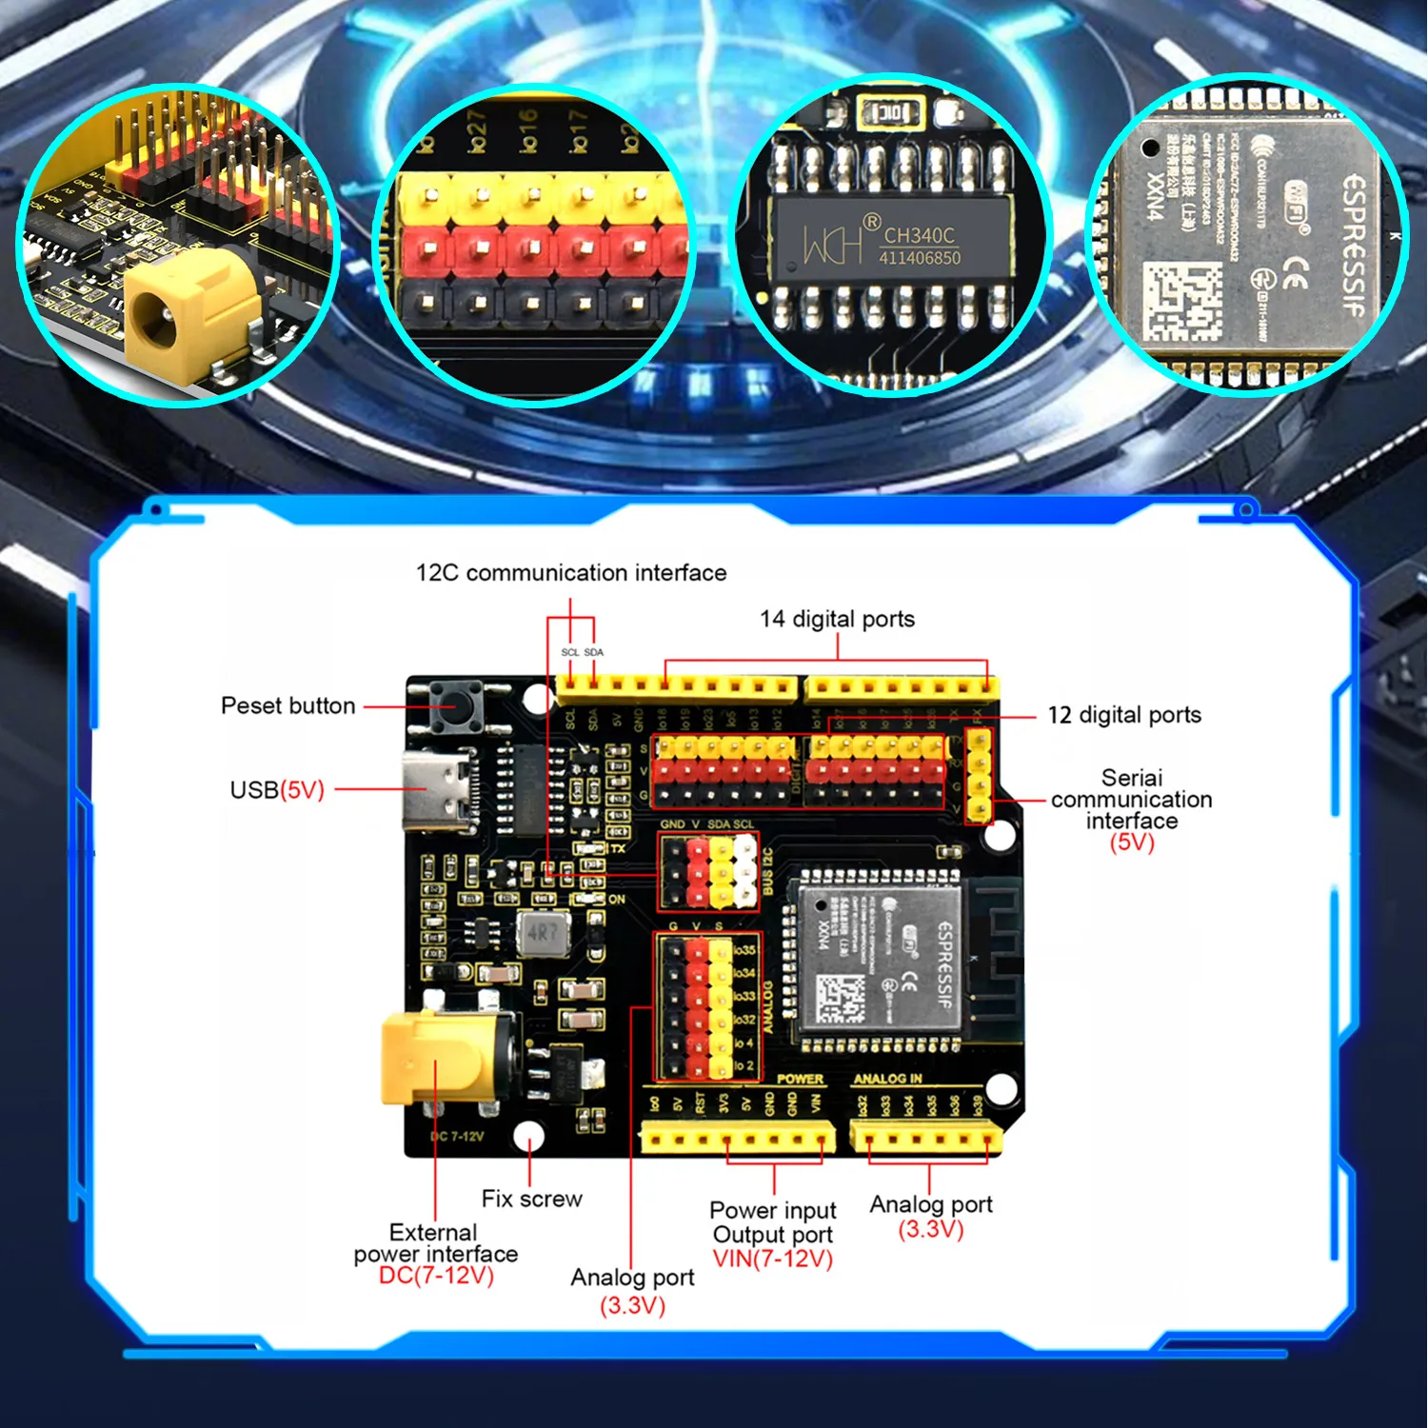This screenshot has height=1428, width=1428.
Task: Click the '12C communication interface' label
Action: (x=571, y=573)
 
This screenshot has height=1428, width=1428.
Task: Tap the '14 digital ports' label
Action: (x=837, y=619)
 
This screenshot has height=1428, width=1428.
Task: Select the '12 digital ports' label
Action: (x=1124, y=715)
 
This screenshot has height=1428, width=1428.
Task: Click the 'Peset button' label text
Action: (x=288, y=705)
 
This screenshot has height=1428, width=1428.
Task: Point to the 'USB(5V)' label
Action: (x=277, y=790)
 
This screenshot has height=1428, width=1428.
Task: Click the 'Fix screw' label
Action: (x=531, y=1199)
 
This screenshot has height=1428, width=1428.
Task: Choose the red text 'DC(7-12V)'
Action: (x=436, y=1276)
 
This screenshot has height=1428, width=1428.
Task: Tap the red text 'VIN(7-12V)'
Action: (x=772, y=1259)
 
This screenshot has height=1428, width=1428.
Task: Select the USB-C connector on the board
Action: (x=436, y=790)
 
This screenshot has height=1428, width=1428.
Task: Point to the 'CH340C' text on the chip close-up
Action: (x=919, y=235)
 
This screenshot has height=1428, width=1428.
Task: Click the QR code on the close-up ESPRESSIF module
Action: (x=1180, y=303)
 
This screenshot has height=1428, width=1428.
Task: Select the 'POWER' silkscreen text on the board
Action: (x=800, y=1079)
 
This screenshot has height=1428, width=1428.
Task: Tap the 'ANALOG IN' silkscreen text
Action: (x=887, y=1079)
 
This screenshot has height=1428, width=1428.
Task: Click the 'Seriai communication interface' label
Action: (x=1131, y=800)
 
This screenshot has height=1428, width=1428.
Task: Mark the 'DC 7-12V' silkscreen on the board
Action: (x=457, y=1136)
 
